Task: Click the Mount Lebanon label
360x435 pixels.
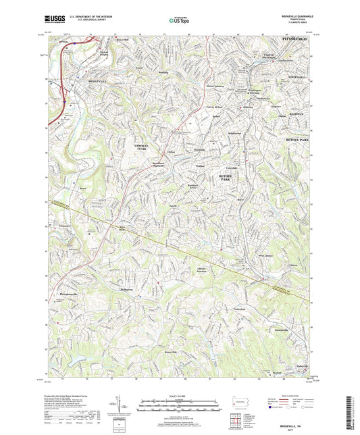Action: (x=215, y=86)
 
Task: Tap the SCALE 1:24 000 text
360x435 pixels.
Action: (x=180, y=396)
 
